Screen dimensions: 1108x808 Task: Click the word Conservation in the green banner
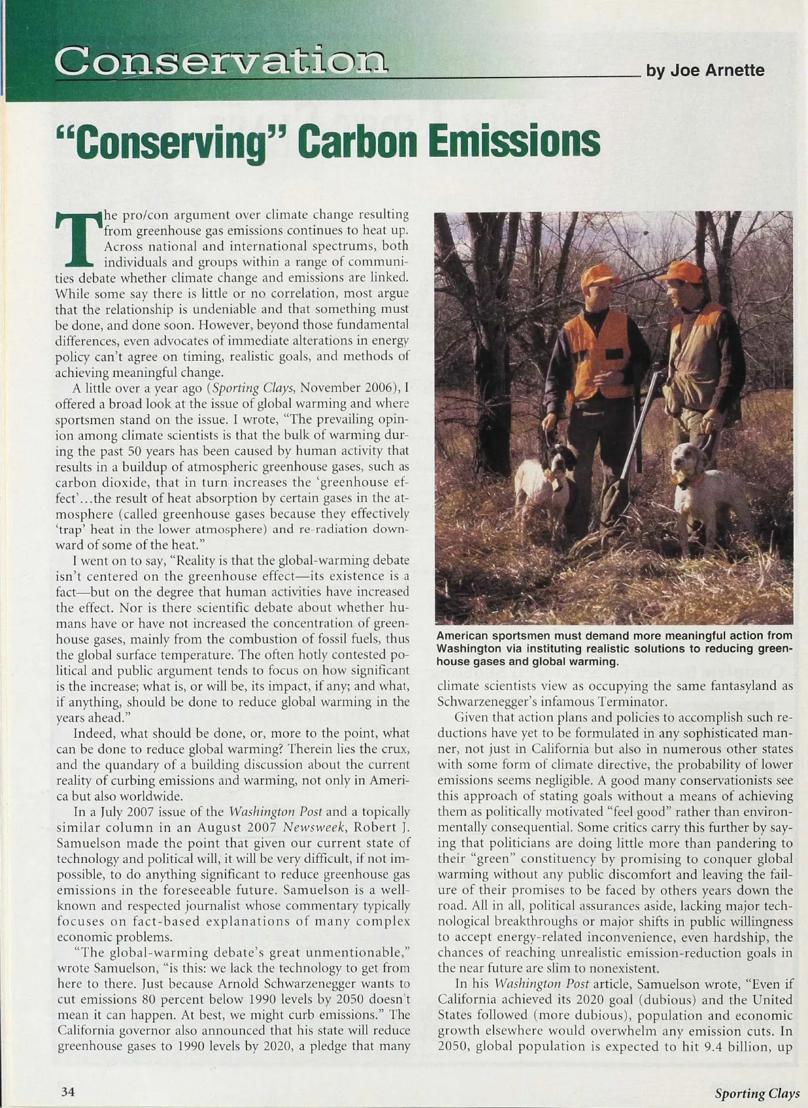pyautogui.click(x=222, y=62)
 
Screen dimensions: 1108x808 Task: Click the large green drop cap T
pyautogui.click(x=76, y=238)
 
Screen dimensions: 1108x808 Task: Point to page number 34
pyautogui.click(x=67, y=1091)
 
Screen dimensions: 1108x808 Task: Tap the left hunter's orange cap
pyautogui.click(x=582, y=275)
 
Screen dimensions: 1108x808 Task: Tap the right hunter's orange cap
pyautogui.click(x=681, y=271)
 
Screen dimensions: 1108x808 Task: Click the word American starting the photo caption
pyautogui.click(x=466, y=636)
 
